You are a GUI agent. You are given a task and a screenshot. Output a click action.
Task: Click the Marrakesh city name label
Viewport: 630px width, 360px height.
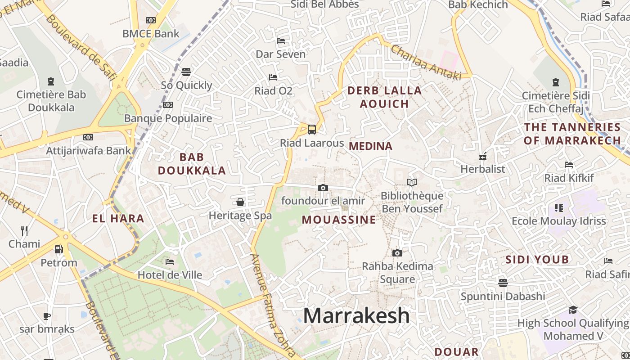click(x=356, y=316)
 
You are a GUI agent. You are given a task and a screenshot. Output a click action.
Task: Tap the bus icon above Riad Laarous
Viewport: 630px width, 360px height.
click(x=311, y=130)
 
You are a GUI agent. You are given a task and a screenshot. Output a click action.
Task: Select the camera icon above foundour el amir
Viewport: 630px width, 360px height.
click(x=323, y=188)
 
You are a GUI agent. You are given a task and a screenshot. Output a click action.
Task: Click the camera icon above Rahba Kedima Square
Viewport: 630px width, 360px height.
click(x=397, y=253)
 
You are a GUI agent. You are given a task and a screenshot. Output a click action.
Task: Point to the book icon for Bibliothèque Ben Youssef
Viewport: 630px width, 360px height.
click(x=412, y=182)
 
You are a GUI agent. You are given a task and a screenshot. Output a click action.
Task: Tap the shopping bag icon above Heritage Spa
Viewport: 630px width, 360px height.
click(x=240, y=202)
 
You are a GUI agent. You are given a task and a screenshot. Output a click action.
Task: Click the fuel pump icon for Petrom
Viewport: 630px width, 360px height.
click(x=58, y=249)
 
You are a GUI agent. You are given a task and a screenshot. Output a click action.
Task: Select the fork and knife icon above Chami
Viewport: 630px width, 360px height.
click(x=24, y=231)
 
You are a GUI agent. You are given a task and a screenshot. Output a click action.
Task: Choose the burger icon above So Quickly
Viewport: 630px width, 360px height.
click(x=186, y=72)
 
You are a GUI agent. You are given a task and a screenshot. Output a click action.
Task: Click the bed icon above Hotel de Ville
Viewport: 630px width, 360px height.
click(x=170, y=262)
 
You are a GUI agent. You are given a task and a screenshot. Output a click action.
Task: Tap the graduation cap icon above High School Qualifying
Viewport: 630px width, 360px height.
click(x=573, y=310)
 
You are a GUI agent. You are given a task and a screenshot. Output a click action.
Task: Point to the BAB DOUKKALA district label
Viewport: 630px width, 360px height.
click(x=192, y=164)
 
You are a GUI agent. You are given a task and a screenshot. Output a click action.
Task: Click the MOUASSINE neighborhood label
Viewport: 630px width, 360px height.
click(x=339, y=220)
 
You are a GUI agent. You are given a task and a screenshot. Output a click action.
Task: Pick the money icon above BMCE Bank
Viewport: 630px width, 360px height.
click(x=151, y=20)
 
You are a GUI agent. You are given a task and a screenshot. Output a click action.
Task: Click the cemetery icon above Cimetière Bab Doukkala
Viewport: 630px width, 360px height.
click(x=51, y=81)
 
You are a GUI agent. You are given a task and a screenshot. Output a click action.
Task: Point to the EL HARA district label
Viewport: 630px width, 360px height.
click(x=118, y=219)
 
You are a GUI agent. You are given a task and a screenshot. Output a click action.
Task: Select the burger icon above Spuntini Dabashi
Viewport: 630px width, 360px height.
click(x=503, y=283)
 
